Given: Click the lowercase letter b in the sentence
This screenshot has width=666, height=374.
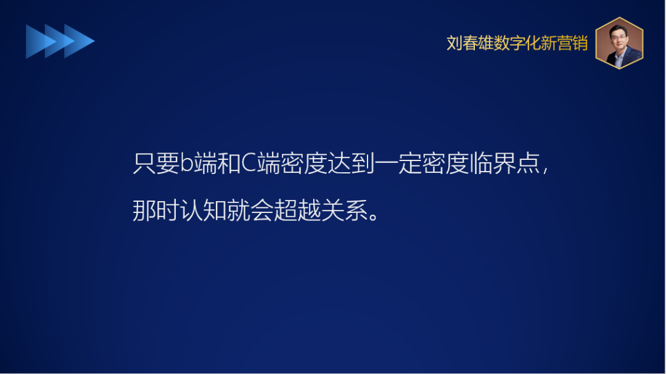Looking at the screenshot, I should [187, 164].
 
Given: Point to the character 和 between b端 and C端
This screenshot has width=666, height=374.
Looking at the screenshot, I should [225, 164].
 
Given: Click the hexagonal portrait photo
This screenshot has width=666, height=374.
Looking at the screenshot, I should [619, 43].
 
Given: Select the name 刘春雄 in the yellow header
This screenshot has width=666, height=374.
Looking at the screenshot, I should [470, 43].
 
